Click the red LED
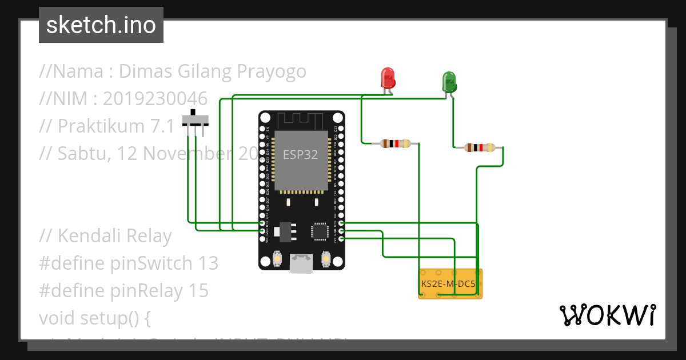[388, 78]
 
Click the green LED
[449, 82]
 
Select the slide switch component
[196, 121]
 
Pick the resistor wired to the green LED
[480, 148]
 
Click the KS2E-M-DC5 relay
[450, 283]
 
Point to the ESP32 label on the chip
[300, 155]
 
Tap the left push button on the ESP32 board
[277, 259]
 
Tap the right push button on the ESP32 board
[326, 259]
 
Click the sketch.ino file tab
[101, 25]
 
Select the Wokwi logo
[607, 314]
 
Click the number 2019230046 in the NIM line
[155, 98]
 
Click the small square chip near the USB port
[318, 231]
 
